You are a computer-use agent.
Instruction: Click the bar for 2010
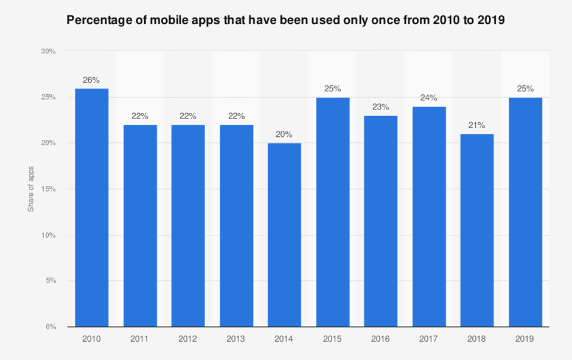92,207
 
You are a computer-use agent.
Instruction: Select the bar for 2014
285,235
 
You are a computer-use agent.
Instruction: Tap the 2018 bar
477,230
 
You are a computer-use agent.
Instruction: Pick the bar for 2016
381,221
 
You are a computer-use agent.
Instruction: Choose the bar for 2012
188,226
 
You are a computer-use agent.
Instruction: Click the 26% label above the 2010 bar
92,80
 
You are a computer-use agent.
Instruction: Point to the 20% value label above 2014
285,134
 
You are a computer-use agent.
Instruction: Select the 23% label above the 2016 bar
381,107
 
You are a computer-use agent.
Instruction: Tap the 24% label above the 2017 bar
429,98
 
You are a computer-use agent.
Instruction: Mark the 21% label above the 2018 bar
477,125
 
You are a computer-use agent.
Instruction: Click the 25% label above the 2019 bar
525,89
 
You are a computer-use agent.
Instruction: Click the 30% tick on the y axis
49,52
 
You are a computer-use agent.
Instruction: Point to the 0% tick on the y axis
51,327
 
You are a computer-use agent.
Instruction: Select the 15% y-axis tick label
49,189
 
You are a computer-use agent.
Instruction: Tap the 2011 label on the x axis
140,339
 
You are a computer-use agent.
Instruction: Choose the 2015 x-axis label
333,339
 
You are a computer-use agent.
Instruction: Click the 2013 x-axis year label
236,339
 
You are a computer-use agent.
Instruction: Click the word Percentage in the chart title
99,20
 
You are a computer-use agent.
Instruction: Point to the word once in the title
392,20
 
